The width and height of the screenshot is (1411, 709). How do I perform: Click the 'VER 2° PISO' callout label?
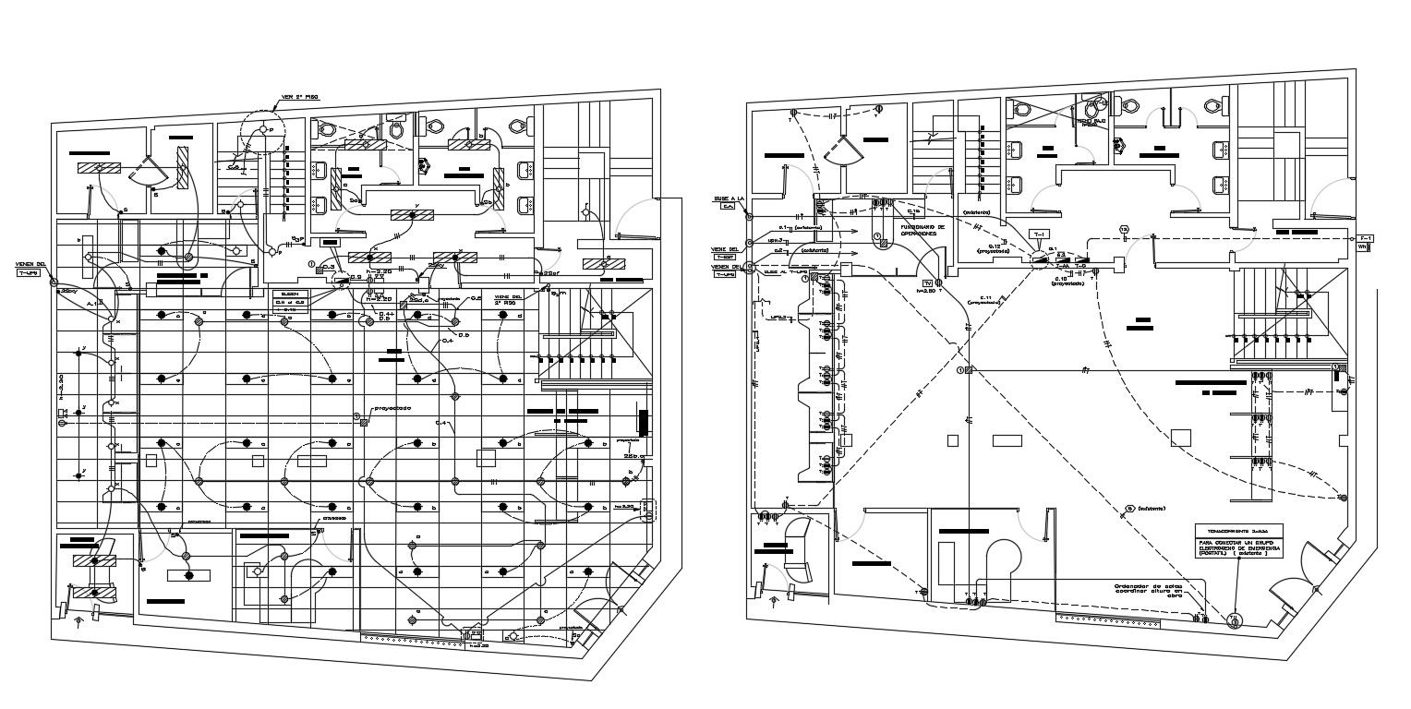(300, 96)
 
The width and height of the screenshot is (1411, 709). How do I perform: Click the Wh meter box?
(1362, 247)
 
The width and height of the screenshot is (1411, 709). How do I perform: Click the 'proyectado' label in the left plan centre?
(392, 408)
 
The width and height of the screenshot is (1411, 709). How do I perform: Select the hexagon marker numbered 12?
(1124, 229)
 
